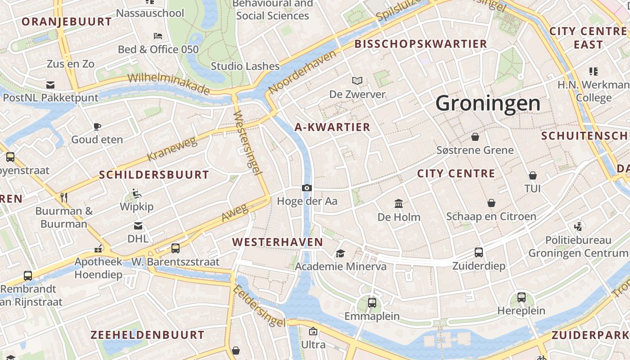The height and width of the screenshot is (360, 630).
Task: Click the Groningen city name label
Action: click(x=488, y=103)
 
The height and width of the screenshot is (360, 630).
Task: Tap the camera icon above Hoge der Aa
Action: click(x=307, y=188)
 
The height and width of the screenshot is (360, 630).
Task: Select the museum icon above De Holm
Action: click(x=399, y=204)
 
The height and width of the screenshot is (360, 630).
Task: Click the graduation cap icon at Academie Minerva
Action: click(x=341, y=253)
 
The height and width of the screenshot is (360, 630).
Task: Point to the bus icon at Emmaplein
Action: click(x=372, y=303)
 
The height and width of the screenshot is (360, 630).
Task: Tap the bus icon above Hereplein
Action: click(x=521, y=297)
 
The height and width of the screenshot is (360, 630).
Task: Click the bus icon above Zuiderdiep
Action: click(x=479, y=252)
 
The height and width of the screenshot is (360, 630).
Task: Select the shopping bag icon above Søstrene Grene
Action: click(x=475, y=136)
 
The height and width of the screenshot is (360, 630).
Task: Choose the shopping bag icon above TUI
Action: click(x=533, y=175)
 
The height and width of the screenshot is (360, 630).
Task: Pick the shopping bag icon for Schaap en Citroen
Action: click(x=491, y=203)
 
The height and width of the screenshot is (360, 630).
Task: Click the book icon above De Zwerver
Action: click(x=357, y=81)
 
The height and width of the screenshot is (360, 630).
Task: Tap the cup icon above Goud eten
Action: click(x=97, y=126)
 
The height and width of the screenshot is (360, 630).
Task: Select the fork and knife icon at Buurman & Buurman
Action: click(x=64, y=197)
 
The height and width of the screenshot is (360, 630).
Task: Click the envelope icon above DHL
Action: click(x=138, y=225)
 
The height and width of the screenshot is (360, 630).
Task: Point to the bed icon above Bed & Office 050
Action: click(x=157, y=36)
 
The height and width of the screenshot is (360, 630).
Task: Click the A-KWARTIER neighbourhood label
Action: click(x=332, y=127)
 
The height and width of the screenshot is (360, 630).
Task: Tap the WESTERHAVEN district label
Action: click(x=278, y=242)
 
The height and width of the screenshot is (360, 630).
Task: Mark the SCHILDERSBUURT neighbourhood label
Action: click(x=154, y=175)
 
